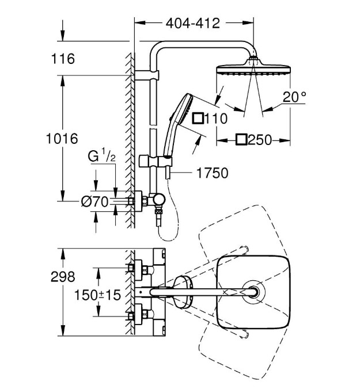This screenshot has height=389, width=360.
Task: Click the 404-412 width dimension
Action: (193, 24)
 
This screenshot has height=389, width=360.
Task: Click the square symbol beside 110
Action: (198, 119)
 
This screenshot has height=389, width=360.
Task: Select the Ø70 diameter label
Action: (94, 201)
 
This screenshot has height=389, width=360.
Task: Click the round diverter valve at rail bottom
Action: (157, 201)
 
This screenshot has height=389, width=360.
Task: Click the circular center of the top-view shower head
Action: (252, 292)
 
